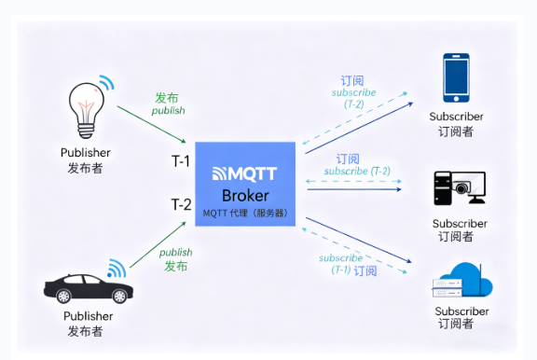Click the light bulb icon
coord(87,110)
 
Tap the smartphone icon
coord(456,77)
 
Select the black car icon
coord(89,288)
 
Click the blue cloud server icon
coord(462,280)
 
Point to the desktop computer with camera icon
coord(460,187)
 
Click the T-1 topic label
coord(181,161)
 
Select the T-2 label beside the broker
coord(181,204)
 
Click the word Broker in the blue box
coord(245,196)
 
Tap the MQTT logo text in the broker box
coord(244,173)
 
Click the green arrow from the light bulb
coord(151,124)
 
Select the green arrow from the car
coord(158,244)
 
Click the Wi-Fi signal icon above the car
coord(117,269)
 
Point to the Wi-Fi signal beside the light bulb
coord(107,82)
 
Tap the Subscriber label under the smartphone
coord(456,117)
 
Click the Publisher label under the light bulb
coord(85,153)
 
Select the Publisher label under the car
coord(88,316)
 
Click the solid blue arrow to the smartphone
coord(359,128)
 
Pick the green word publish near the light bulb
coord(169,111)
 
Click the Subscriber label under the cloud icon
coord(461,312)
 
